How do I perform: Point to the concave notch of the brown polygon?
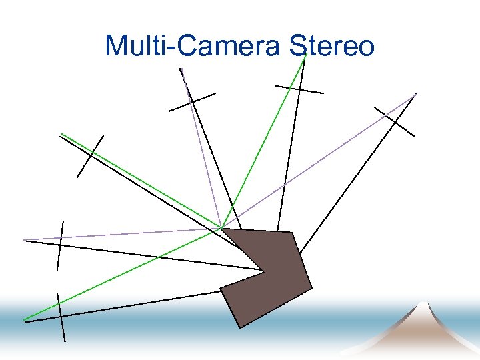tap(265, 271)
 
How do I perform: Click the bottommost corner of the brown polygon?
tap(239, 327)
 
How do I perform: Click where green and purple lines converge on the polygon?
tap(221, 228)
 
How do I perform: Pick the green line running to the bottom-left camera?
tap(120, 275)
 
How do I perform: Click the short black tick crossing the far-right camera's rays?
tap(395, 121)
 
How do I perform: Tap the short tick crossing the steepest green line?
tap(299, 89)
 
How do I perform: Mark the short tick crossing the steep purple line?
tap(192, 102)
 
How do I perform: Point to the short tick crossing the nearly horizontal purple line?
tap(60, 245)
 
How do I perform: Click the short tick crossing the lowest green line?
tap(61, 317)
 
